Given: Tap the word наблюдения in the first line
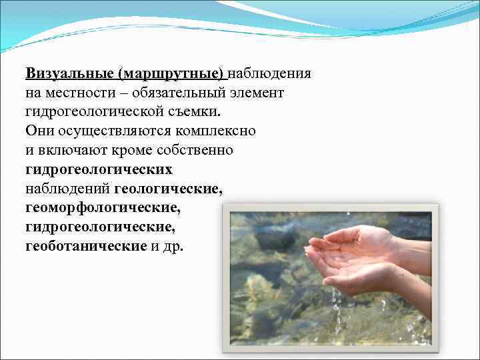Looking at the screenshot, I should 272,73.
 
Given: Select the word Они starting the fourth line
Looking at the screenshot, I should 39,131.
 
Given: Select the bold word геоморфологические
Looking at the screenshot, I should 103,208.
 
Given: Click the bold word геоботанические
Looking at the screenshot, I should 86,247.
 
